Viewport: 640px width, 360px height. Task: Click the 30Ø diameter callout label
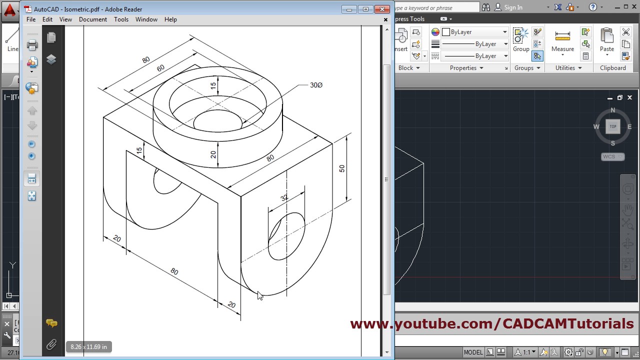[316, 85]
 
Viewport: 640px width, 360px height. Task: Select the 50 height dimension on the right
[342, 168]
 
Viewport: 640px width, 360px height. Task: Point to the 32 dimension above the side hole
[284, 198]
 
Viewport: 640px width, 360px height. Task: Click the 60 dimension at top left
[160, 68]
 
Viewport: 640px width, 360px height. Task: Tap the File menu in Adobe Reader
[31, 19]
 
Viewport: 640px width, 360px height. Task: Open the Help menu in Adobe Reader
[170, 19]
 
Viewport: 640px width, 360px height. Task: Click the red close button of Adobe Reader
[382, 9]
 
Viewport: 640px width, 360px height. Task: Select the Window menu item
[146, 19]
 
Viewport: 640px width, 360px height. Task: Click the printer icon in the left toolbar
[32, 45]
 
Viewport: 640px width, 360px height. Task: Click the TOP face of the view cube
[613, 126]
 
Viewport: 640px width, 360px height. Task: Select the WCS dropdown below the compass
[612, 156]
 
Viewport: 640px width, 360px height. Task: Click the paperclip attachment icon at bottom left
[51, 344]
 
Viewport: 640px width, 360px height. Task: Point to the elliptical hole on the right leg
[286, 236]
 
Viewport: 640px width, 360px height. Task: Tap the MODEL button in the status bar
[473, 352]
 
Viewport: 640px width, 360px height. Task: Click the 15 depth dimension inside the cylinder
[213, 85]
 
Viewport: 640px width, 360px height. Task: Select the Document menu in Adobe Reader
[92, 19]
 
